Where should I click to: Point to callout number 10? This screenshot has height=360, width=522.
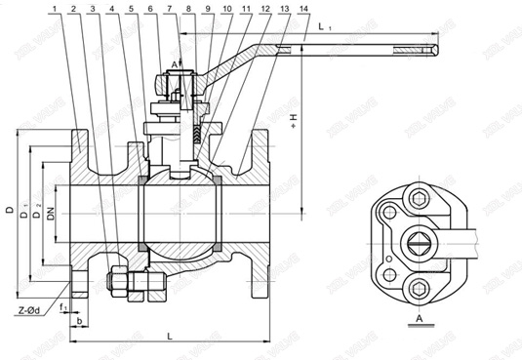[226, 9]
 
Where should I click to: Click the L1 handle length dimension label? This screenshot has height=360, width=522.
[324, 30]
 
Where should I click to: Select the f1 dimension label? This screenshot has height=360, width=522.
[62, 307]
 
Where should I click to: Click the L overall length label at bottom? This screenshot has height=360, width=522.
[172, 336]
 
